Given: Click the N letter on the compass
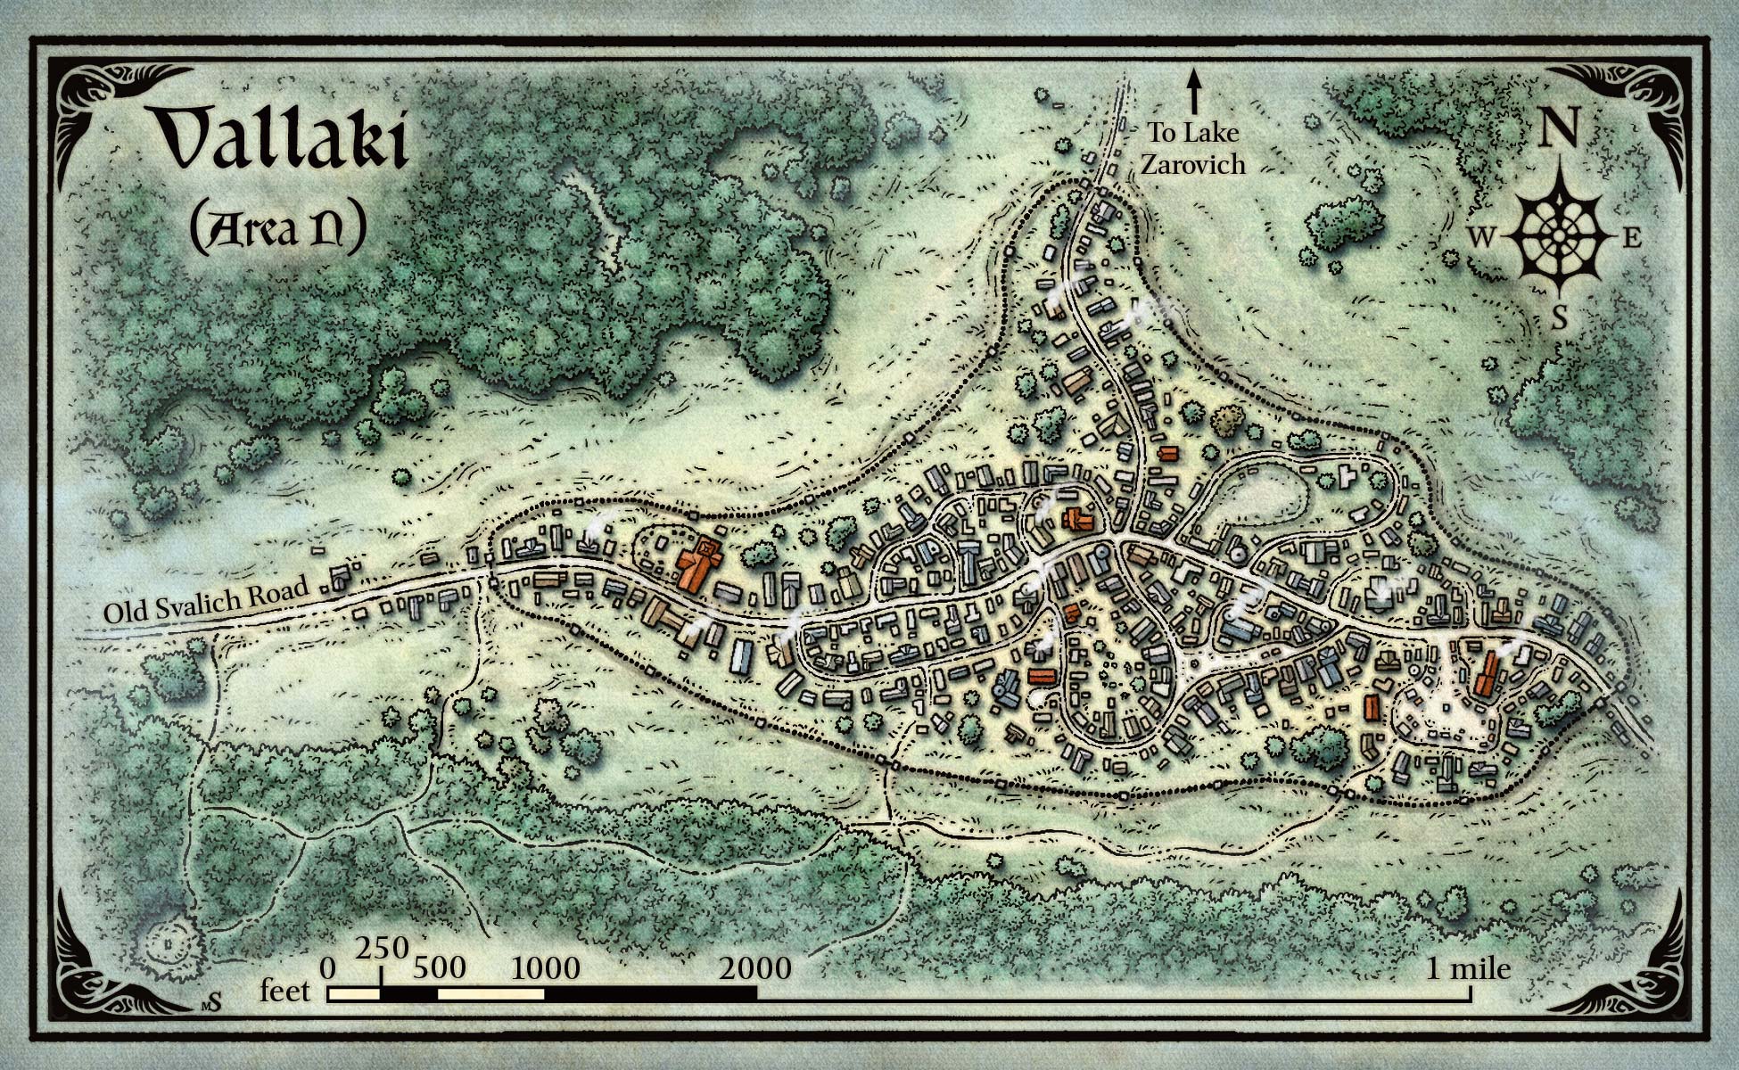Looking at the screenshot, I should point(1560,128).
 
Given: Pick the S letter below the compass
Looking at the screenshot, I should point(1560,317).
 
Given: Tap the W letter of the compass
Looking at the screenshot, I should point(1480,237).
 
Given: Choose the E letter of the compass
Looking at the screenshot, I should point(1631,238).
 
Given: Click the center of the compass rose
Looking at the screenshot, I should point(1560,235).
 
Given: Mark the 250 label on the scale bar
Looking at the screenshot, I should point(382,947).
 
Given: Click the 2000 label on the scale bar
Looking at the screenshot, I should point(757,967).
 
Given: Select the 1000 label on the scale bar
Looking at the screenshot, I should point(546,967).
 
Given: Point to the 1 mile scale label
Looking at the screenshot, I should point(1468,967).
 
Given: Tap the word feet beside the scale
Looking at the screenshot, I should point(285,991).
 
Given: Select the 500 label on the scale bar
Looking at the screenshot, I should point(439,967).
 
